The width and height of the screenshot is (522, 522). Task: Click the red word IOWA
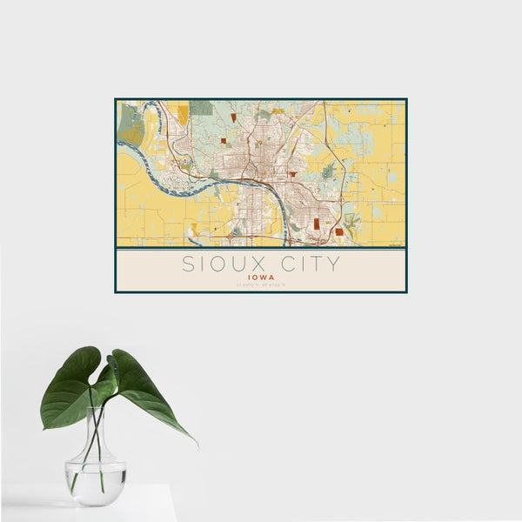pos(261,278)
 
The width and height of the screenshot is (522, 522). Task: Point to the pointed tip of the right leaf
pos(194,443)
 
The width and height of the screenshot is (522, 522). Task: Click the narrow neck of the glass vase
pos(94,439)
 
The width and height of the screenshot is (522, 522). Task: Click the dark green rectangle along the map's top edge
pos(201,108)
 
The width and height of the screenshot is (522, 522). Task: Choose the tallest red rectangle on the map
pos(317,224)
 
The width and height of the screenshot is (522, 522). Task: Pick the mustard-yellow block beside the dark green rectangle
pos(183,114)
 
